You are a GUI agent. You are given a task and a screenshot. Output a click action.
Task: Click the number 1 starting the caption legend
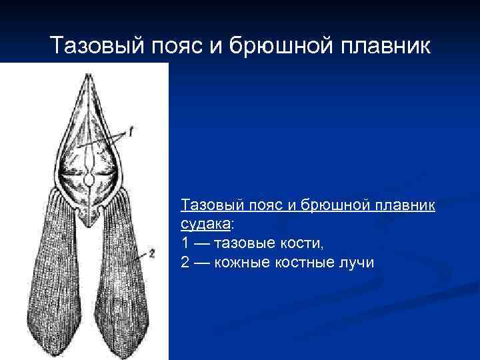coord(185,243)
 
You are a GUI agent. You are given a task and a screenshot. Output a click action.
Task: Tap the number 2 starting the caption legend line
coord(185,263)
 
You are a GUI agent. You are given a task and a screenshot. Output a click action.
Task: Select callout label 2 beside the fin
coord(152,253)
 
